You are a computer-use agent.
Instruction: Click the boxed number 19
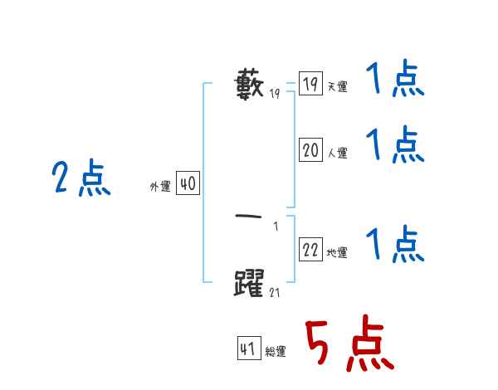(310, 85)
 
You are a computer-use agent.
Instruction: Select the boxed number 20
(310, 150)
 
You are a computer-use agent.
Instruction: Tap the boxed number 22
(310, 250)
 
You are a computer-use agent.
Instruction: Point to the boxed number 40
(188, 184)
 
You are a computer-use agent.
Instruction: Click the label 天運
(337, 87)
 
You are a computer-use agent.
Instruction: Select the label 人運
(337, 154)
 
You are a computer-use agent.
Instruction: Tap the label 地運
(337, 253)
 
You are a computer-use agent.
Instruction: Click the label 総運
(276, 352)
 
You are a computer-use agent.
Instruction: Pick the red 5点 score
(349, 346)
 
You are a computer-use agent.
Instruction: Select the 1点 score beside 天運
(395, 81)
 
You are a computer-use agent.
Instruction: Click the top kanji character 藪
(251, 85)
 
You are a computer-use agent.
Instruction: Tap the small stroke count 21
(275, 292)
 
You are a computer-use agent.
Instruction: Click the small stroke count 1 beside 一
(276, 227)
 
